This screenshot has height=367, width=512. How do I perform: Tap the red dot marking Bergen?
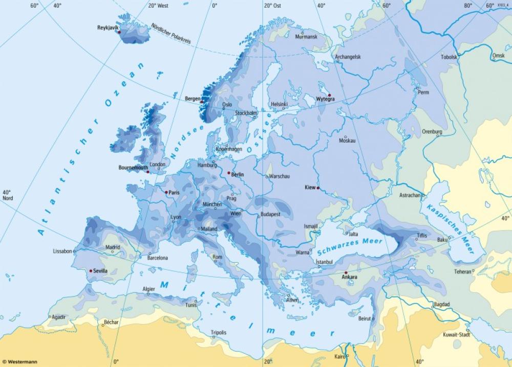pos(201,101)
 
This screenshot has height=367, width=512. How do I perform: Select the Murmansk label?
pos(306,37)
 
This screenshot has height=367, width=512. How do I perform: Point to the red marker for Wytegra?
pos(330,95)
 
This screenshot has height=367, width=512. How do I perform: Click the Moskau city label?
pos(347,140)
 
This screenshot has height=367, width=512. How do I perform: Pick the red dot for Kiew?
pos(318,188)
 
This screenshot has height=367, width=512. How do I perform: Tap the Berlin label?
pos(238,175)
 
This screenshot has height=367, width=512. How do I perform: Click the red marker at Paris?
pos(166,192)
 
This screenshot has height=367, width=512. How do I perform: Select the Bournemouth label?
pos(133,167)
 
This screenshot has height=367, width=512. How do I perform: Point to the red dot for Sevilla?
pos(91,270)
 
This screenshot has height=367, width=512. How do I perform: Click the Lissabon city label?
pos(62,251)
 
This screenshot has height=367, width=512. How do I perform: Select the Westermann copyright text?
pos(19,362)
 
